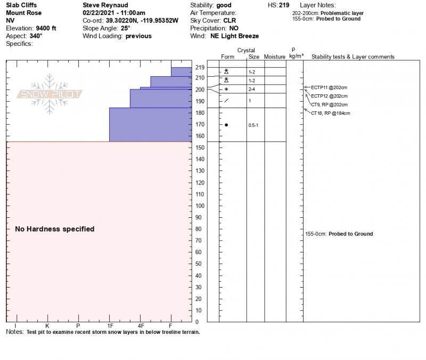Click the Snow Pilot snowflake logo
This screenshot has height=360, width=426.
tap(50, 94)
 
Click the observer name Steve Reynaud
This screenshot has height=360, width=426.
tap(105, 5)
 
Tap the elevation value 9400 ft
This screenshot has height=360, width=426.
tap(46, 28)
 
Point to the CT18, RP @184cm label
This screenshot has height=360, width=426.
tap(330, 113)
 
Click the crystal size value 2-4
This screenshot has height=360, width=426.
tap(252, 89)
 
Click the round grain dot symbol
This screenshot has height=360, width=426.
tap(226, 125)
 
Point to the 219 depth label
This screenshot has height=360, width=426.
tap(200, 68)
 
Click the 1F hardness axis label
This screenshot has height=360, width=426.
tap(110, 325)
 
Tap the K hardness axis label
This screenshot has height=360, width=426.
tap(47, 325)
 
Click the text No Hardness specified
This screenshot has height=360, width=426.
tap(54, 229)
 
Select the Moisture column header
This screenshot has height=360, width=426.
tap(275, 57)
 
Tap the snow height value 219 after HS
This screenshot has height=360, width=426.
tap(284, 5)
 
